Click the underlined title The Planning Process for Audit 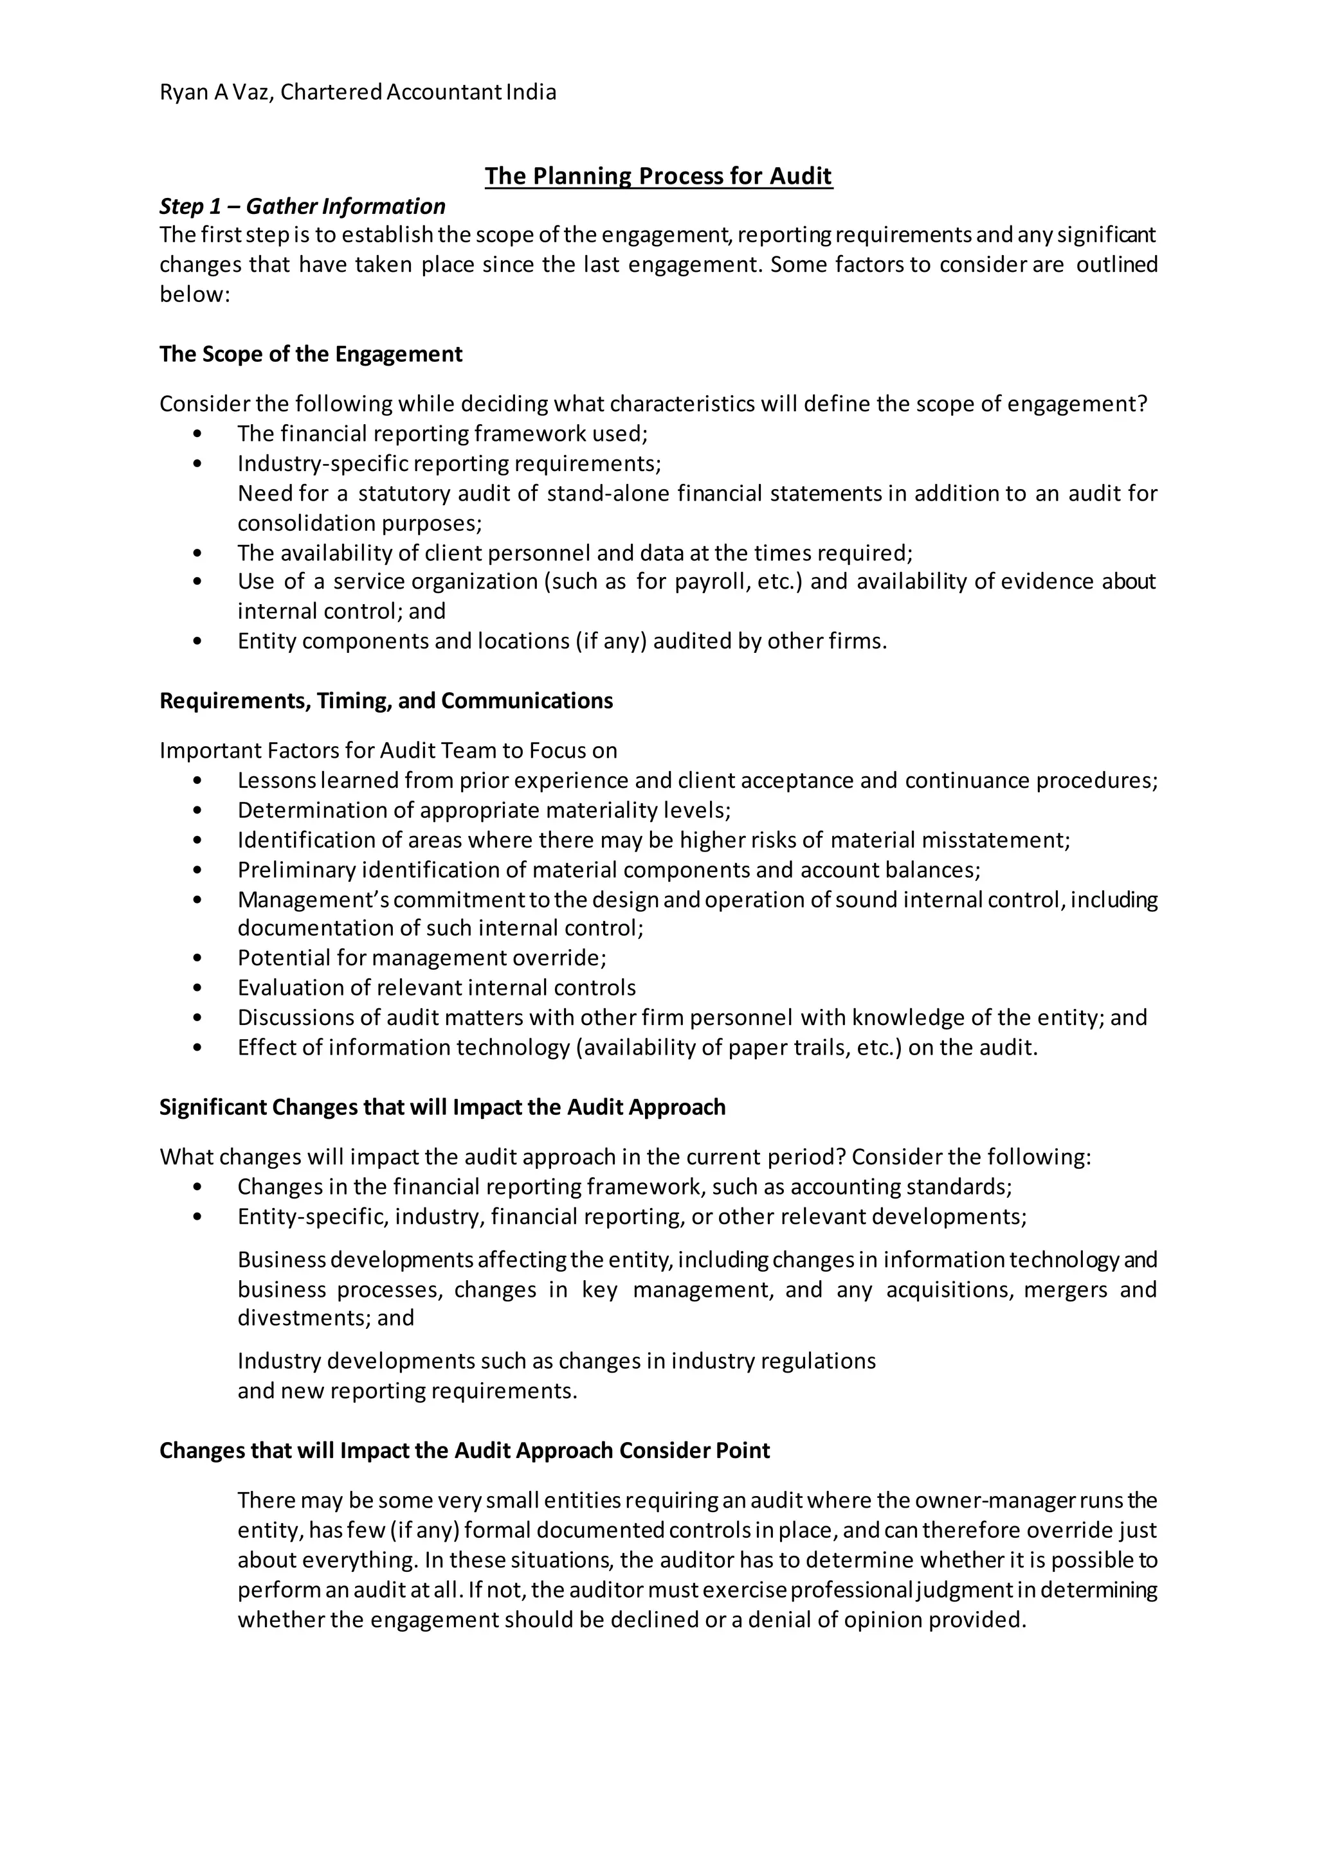pos(658,176)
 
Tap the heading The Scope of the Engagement pos(311,354)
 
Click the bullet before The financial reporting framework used pos(198,434)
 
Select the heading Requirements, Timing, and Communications pos(385,700)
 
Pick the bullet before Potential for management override pos(198,959)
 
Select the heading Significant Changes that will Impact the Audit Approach pos(442,1107)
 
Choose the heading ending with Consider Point pos(464,1450)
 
